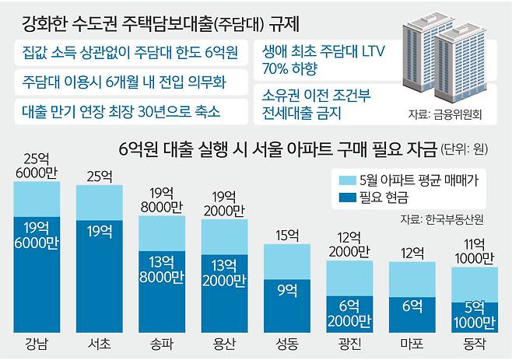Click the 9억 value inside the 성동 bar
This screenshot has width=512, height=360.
286,290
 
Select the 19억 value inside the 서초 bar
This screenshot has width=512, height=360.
100,230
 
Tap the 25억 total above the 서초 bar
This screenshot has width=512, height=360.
100,175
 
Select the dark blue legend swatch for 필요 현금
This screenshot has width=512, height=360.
348,198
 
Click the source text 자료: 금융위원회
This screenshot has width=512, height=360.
444,114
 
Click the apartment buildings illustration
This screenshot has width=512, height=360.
440,58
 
